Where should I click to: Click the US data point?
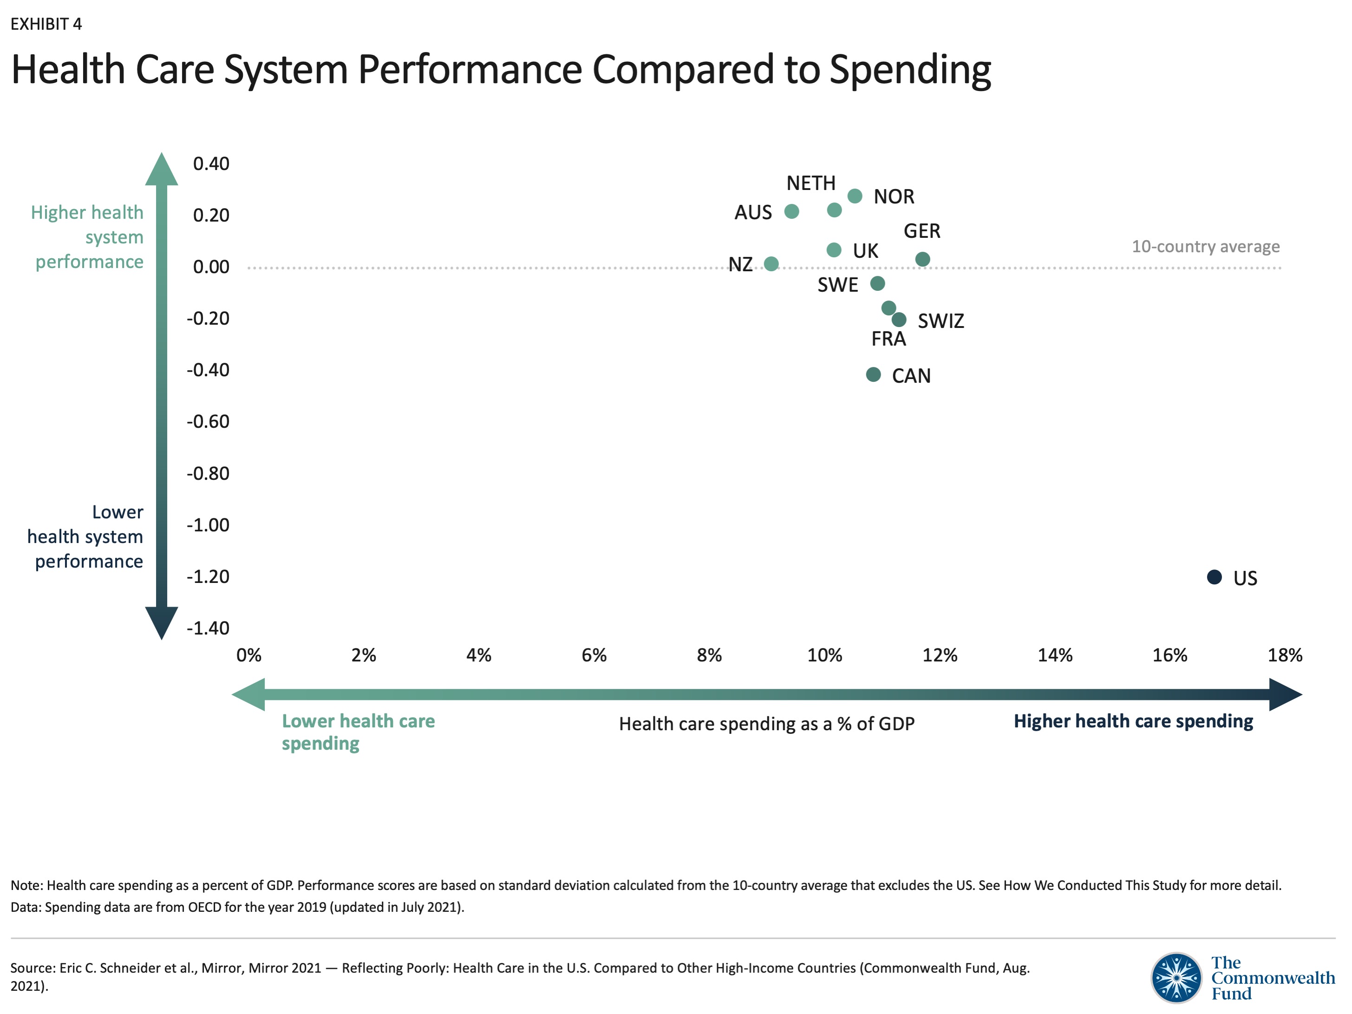click(1214, 576)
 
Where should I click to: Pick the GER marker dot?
click(922, 259)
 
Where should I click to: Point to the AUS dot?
click(791, 211)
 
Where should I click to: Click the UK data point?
click(834, 249)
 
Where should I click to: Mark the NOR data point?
click(855, 196)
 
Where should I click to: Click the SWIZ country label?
click(941, 321)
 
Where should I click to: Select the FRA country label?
click(888, 339)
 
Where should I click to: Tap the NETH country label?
click(810, 183)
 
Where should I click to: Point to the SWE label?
click(837, 285)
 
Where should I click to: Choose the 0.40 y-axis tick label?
click(211, 164)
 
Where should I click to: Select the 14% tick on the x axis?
click(1054, 655)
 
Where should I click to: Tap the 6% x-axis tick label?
click(594, 655)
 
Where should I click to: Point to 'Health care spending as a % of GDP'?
click(766, 724)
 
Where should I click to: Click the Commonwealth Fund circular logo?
click(1176, 977)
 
